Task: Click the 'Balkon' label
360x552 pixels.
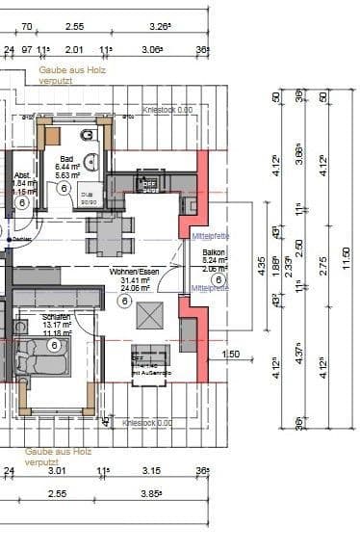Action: pyautogui.click(x=213, y=252)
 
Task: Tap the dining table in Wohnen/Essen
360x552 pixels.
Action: pyautogui.click(x=112, y=230)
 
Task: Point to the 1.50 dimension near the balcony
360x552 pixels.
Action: pyautogui.click(x=230, y=355)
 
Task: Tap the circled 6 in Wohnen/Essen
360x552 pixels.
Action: pyautogui.click(x=124, y=301)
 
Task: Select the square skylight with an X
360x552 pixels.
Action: pyautogui.click(x=149, y=315)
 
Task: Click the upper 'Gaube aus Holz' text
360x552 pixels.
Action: pyautogui.click(x=70, y=71)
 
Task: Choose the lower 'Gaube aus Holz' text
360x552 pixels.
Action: pyautogui.click(x=58, y=451)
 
